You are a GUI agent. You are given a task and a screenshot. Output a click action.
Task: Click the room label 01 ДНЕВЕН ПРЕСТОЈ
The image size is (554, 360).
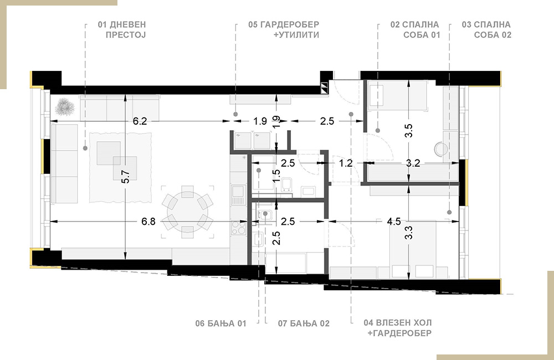pyautogui.click(x=122, y=30)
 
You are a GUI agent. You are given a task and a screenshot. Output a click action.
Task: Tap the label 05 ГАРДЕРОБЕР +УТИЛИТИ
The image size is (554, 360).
pyautogui.click(x=284, y=30)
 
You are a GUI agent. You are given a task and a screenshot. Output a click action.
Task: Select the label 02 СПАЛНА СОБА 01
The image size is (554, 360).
pyautogui.click(x=415, y=30)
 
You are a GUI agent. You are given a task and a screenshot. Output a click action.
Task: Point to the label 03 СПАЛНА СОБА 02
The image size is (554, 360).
pyautogui.click(x=486, y=30)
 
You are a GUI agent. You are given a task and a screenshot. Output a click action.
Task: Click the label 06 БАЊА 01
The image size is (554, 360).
pyautogui.click(x=221, y=323)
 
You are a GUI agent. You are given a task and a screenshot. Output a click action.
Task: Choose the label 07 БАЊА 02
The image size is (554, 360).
pyautogui.click(x=304, y=323)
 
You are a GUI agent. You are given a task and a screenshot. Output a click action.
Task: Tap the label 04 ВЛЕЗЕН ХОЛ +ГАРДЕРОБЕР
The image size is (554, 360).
pyautogui.click(x=398, y=328)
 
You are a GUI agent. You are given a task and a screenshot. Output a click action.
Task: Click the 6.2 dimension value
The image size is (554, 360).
pyautogui.click(x=140, y=121)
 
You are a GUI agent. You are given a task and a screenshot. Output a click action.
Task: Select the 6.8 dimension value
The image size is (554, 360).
pyautogui.click(x=148, y=222)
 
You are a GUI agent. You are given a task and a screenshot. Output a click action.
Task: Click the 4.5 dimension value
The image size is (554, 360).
pyautogui.click(x=394, y=222)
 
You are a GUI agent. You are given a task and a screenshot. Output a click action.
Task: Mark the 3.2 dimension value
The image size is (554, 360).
pyautogui.click(x=413, y=163)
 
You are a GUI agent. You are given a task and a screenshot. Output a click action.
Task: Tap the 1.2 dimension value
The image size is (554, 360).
pyautogui.click(x=346, y=163)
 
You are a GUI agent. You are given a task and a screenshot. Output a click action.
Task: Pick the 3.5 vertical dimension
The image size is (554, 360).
pyautogui.click(x=409, y=131)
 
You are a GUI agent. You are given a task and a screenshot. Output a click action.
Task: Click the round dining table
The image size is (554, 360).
pyautogui.click(x=188, y=212)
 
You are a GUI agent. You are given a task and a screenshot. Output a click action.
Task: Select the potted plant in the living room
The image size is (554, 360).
pyautogui.click(x=65, y=106)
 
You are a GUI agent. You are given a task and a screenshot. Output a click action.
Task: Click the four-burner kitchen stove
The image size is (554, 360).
pyautogui.click(x=238, y=228)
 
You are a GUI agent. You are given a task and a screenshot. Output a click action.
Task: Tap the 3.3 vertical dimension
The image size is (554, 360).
pyautogui.click(x=409, y=233)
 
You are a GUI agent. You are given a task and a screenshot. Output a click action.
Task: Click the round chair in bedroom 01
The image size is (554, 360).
pyautogui.click(x=440, y=149)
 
